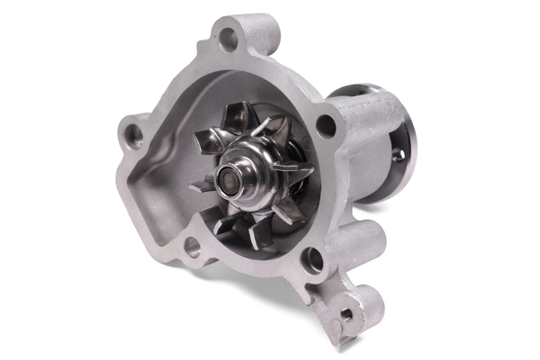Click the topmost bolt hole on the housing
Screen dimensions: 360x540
229,39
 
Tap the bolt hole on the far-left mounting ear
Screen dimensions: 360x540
134,136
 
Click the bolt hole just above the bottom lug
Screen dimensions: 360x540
312,262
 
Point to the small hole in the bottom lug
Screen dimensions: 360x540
346,313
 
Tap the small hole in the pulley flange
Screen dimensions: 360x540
398,155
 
